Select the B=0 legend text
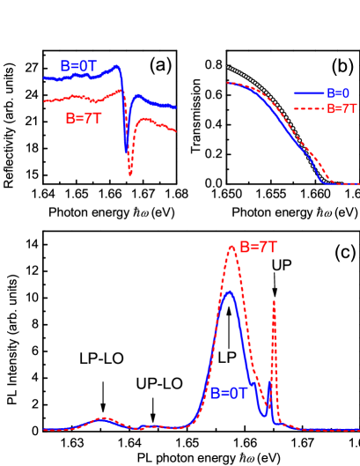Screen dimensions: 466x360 [338, 92]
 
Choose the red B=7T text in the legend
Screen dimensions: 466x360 [342, 109]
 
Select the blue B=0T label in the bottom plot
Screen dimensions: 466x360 [228, 394]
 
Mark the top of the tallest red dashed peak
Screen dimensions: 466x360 [231, 246]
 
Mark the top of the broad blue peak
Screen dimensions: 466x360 [228, 292]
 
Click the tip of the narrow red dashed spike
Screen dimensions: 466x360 [274, 301]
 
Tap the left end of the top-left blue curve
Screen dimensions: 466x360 [45, 78]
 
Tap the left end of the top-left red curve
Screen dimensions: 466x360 [45, 101]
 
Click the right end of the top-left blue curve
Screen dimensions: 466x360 [175, 108]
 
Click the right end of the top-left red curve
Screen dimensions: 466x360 [176, 132]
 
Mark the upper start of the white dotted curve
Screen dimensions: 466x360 [228, 67]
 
